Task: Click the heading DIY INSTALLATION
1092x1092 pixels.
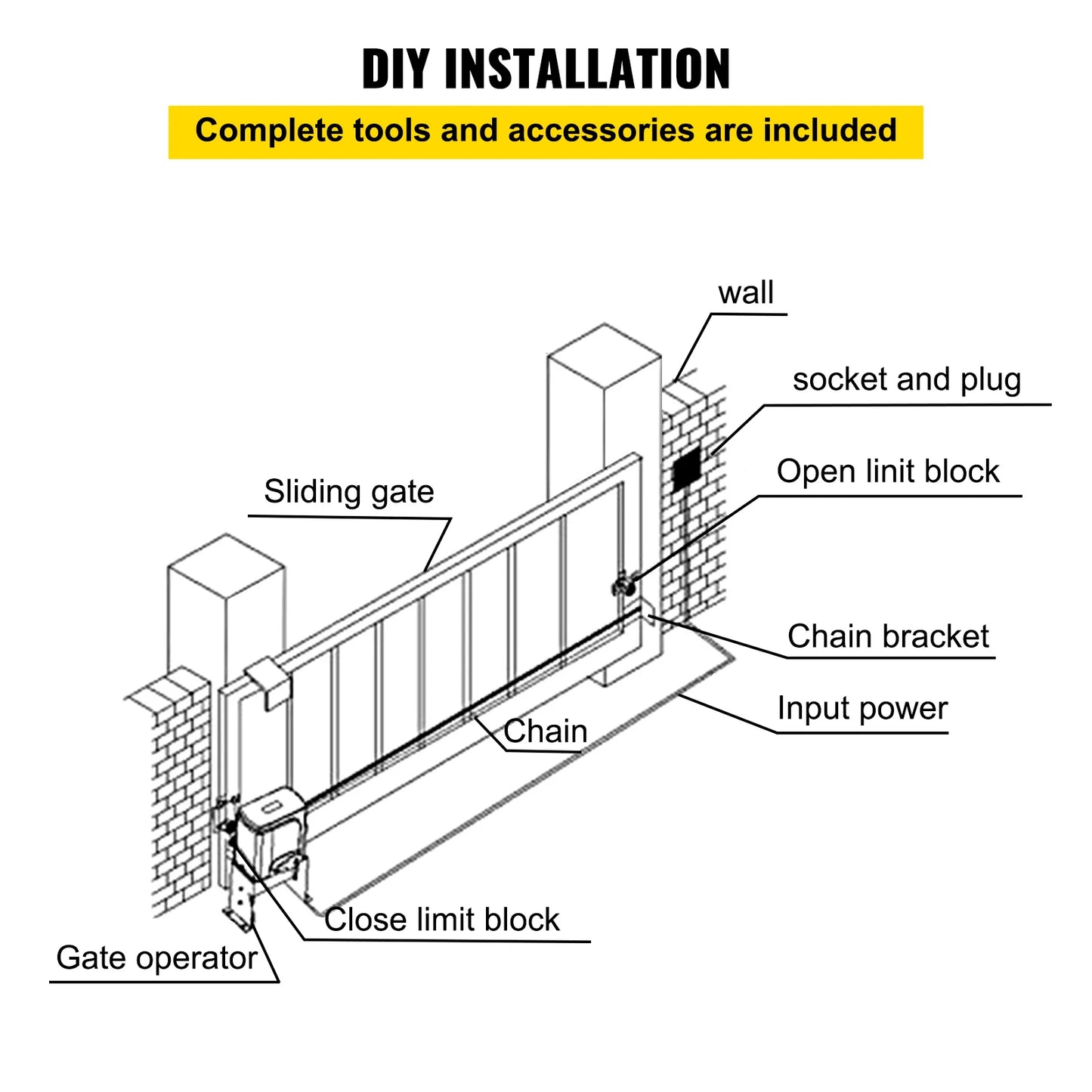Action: (x=546, y=69)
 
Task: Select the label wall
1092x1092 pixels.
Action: (x=745, y=293)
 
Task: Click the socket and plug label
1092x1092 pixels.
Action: (x=906, y=380)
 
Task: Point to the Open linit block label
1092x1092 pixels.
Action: (x=887, y=472)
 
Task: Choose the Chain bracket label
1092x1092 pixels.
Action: (x=887, y=637)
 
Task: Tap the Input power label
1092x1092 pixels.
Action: (x=862, y=710)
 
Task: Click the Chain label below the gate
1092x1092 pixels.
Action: (x=545, y=732)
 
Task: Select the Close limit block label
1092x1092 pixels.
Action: (x=442, y=920)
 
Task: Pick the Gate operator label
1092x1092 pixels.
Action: (x=156, y=959)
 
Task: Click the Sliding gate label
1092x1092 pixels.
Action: (x=348, y=493)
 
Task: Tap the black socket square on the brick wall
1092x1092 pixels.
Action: (x=688, y=468)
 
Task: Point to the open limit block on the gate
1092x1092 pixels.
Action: (x=623, y=586)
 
